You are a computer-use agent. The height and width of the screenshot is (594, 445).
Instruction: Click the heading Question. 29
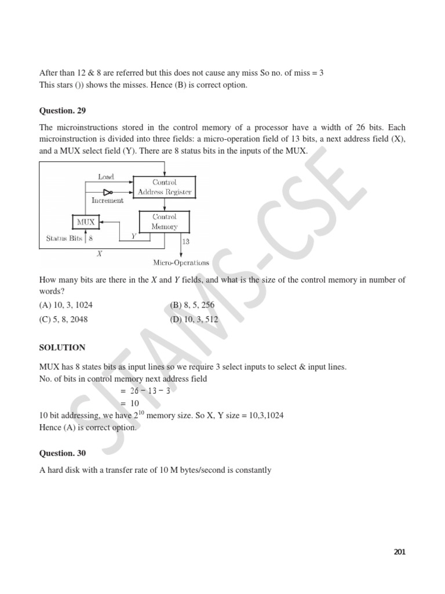coord(62,111)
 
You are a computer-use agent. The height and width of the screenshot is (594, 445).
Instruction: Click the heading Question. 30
coord(62,453)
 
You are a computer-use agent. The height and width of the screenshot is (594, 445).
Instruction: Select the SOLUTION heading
coord(62,347)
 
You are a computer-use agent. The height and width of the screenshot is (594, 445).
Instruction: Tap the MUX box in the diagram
coord(86,222)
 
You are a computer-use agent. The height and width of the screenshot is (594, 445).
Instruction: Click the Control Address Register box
coord(164,187)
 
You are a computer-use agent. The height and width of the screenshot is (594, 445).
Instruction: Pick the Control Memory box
coord(164,222)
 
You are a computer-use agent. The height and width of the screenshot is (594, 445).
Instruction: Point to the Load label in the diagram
coord(106,176)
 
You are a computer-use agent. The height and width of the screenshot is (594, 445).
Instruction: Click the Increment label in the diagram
coord(108,200)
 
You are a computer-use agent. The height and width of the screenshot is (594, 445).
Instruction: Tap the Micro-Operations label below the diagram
coord(181,263)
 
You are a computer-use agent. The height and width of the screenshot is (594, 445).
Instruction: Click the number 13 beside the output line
coord(185,241)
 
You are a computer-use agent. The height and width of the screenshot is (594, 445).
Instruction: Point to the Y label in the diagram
coord(134,236)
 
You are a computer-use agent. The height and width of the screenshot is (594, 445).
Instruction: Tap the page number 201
coord(399,552)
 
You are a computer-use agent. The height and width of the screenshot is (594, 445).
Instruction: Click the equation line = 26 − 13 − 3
coord(145,391)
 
